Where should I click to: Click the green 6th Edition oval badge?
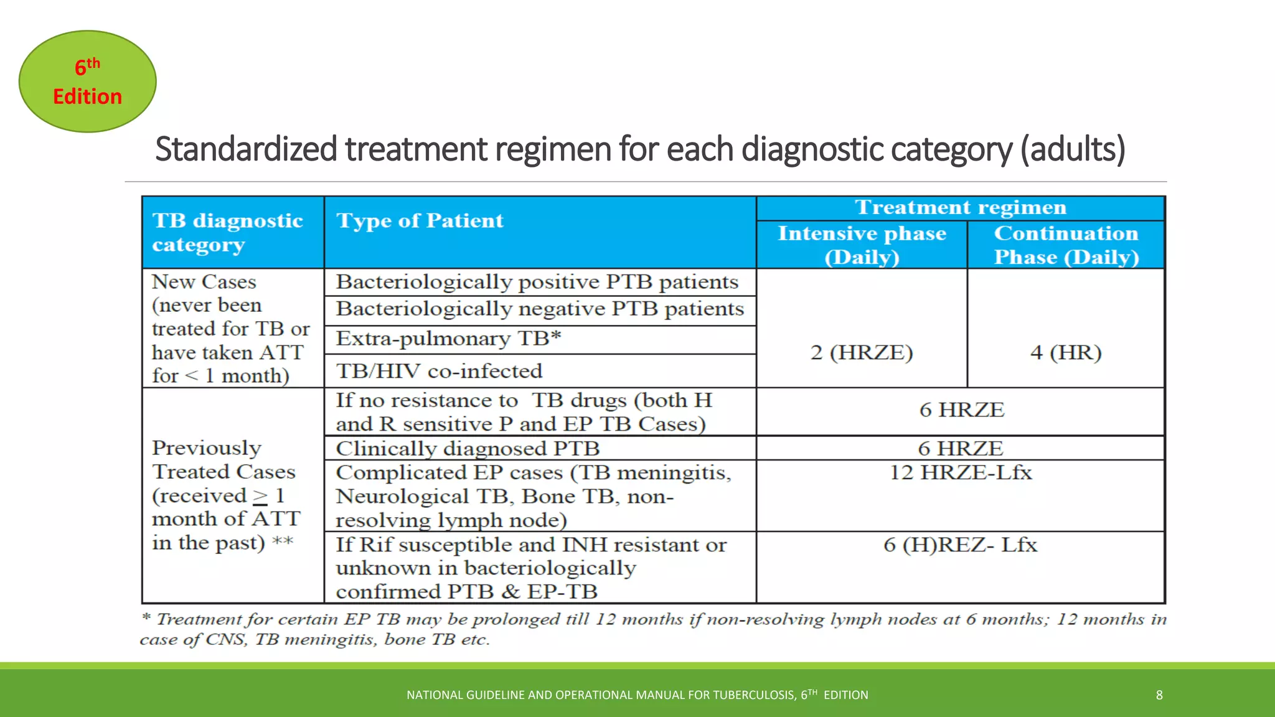click(x=87, y=82)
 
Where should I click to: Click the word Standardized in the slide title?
click(x=247, y=149)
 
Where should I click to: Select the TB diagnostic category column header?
click(x=227, y=232)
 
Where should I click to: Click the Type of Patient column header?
click(x=420, y=221)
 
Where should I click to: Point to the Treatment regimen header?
click(x=960, y=207)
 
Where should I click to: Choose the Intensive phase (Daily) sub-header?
click(x=862, y=245)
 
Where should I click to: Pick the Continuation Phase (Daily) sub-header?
click(x=1066, y=245)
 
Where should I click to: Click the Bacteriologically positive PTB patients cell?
click(x=537, y=282)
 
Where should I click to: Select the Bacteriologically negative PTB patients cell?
click(x=540, y=309)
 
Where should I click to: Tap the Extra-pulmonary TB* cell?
click(x=448, y=339)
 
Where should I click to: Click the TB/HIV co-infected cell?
click(x=439, y=371)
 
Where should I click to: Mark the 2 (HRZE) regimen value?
click(x=862, y=352)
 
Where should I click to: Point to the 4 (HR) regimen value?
click(x=1066, y=352)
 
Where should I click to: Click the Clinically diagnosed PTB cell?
click(x=468, y=448)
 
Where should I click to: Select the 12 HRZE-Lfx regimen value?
click(x=960, y=472)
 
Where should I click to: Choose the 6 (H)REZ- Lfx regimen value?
click(x=960, y=545)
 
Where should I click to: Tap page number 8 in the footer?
click(x=1159, y=695)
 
